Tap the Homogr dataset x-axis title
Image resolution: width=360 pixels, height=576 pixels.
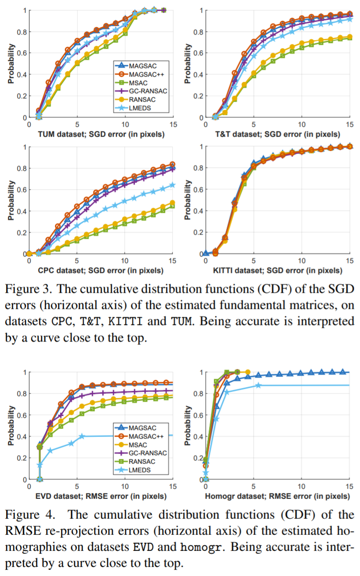click(278, 497)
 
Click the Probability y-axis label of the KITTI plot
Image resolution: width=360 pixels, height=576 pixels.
click(188, 200)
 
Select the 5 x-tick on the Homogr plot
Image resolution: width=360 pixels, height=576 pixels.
click(254, 487)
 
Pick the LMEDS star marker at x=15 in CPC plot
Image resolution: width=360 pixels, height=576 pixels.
click(172, 185)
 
